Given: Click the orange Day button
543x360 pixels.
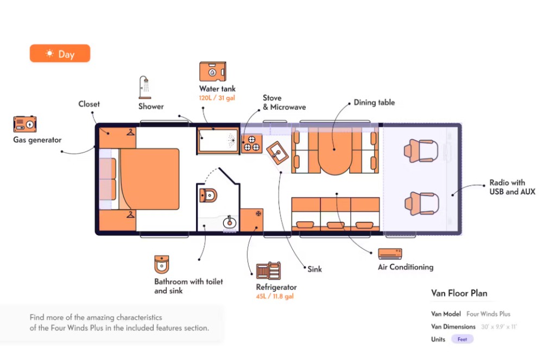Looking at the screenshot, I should [x=60, y=54].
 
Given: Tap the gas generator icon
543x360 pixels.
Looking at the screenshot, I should [x=25, y=124].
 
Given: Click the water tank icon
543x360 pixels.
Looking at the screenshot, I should [x=212, y=72].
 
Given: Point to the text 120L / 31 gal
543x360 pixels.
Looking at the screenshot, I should [x=217, y=98].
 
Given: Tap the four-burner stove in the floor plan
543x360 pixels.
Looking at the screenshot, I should [x=251, y=143].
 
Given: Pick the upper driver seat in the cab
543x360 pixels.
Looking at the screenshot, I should [x=420, y=150].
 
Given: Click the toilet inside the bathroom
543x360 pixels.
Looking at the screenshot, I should [x=209, y=195].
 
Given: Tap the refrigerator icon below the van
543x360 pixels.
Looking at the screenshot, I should [x=269, y=270].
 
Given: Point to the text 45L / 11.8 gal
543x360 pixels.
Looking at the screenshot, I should [x=275, y=296].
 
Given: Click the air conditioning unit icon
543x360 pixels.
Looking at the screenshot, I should [x=390, y=253].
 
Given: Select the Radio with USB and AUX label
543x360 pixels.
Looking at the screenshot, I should [x=512, y=187].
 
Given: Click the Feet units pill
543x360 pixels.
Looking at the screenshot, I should [x=462, y=339].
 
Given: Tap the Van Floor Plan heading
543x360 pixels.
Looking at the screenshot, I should [x=459, y=293].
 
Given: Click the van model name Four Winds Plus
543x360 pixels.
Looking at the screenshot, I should [x=488, y=314].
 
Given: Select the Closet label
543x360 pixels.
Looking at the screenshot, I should [x=89, y=104].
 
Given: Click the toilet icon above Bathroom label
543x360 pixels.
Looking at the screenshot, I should [x=161, y=264].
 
